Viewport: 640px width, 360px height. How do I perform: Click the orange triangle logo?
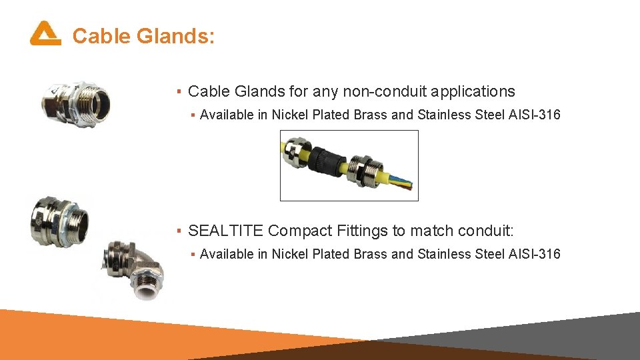point(45,33)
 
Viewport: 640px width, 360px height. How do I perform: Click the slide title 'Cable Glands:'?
point(143,36)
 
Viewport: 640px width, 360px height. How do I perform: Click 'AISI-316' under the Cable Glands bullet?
point(535,115)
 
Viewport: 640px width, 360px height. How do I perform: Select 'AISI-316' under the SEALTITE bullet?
point(535,254)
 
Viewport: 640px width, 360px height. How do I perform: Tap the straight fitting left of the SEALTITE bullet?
point(59,221)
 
